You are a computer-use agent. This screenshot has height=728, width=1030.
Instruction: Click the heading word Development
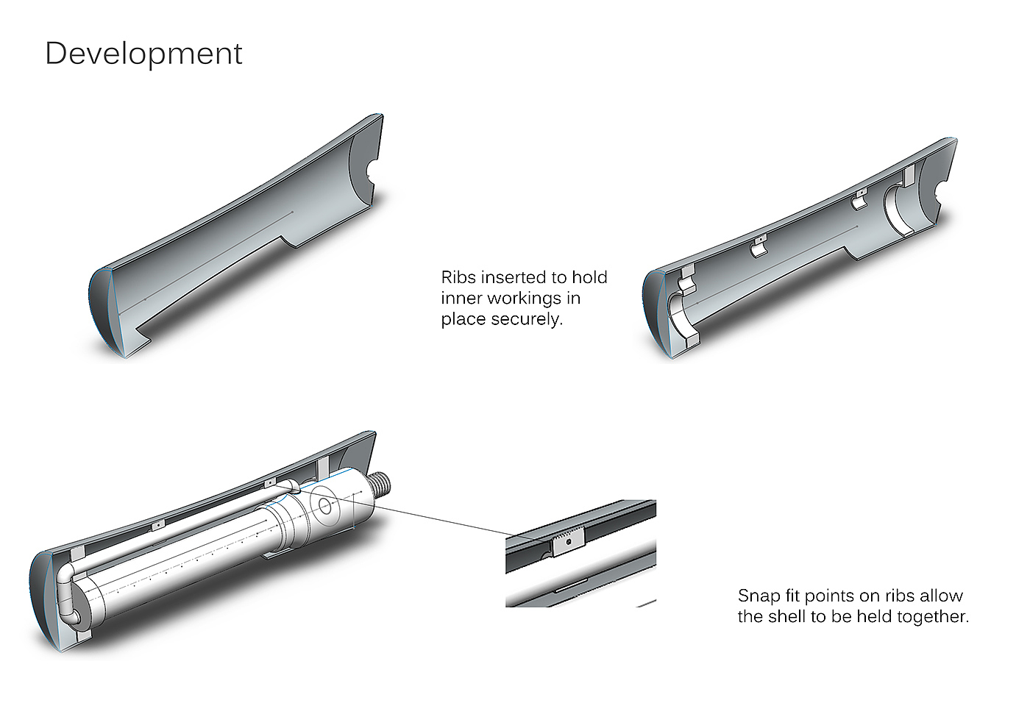point(143,54)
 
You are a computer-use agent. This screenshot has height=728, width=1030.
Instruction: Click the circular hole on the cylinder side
point(325,507)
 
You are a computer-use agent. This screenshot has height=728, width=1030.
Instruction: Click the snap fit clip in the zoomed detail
point(568,543)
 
